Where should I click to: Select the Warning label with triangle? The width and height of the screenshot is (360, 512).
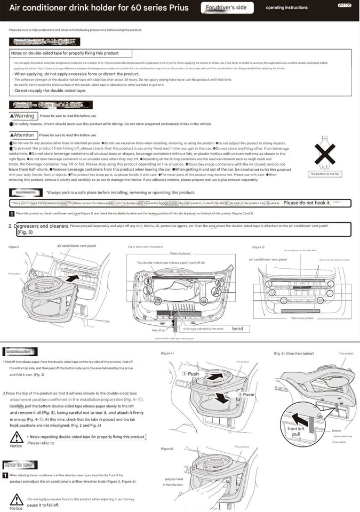[x=22, y=116]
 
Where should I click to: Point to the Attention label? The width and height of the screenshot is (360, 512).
[x=22, y=135]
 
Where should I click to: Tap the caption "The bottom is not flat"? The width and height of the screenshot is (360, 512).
[x=325, y=174]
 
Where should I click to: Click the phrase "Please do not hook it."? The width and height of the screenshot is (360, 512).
[x=307, y=203]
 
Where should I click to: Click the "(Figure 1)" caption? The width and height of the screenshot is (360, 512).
[x=14, y=247]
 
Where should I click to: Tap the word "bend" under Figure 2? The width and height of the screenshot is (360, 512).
[x=237, y=329]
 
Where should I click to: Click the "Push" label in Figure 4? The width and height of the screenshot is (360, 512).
[x=193, y=374]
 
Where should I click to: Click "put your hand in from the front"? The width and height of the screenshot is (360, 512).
[x=174, y=482]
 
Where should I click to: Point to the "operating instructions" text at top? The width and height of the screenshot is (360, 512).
[x=286, y=8]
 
